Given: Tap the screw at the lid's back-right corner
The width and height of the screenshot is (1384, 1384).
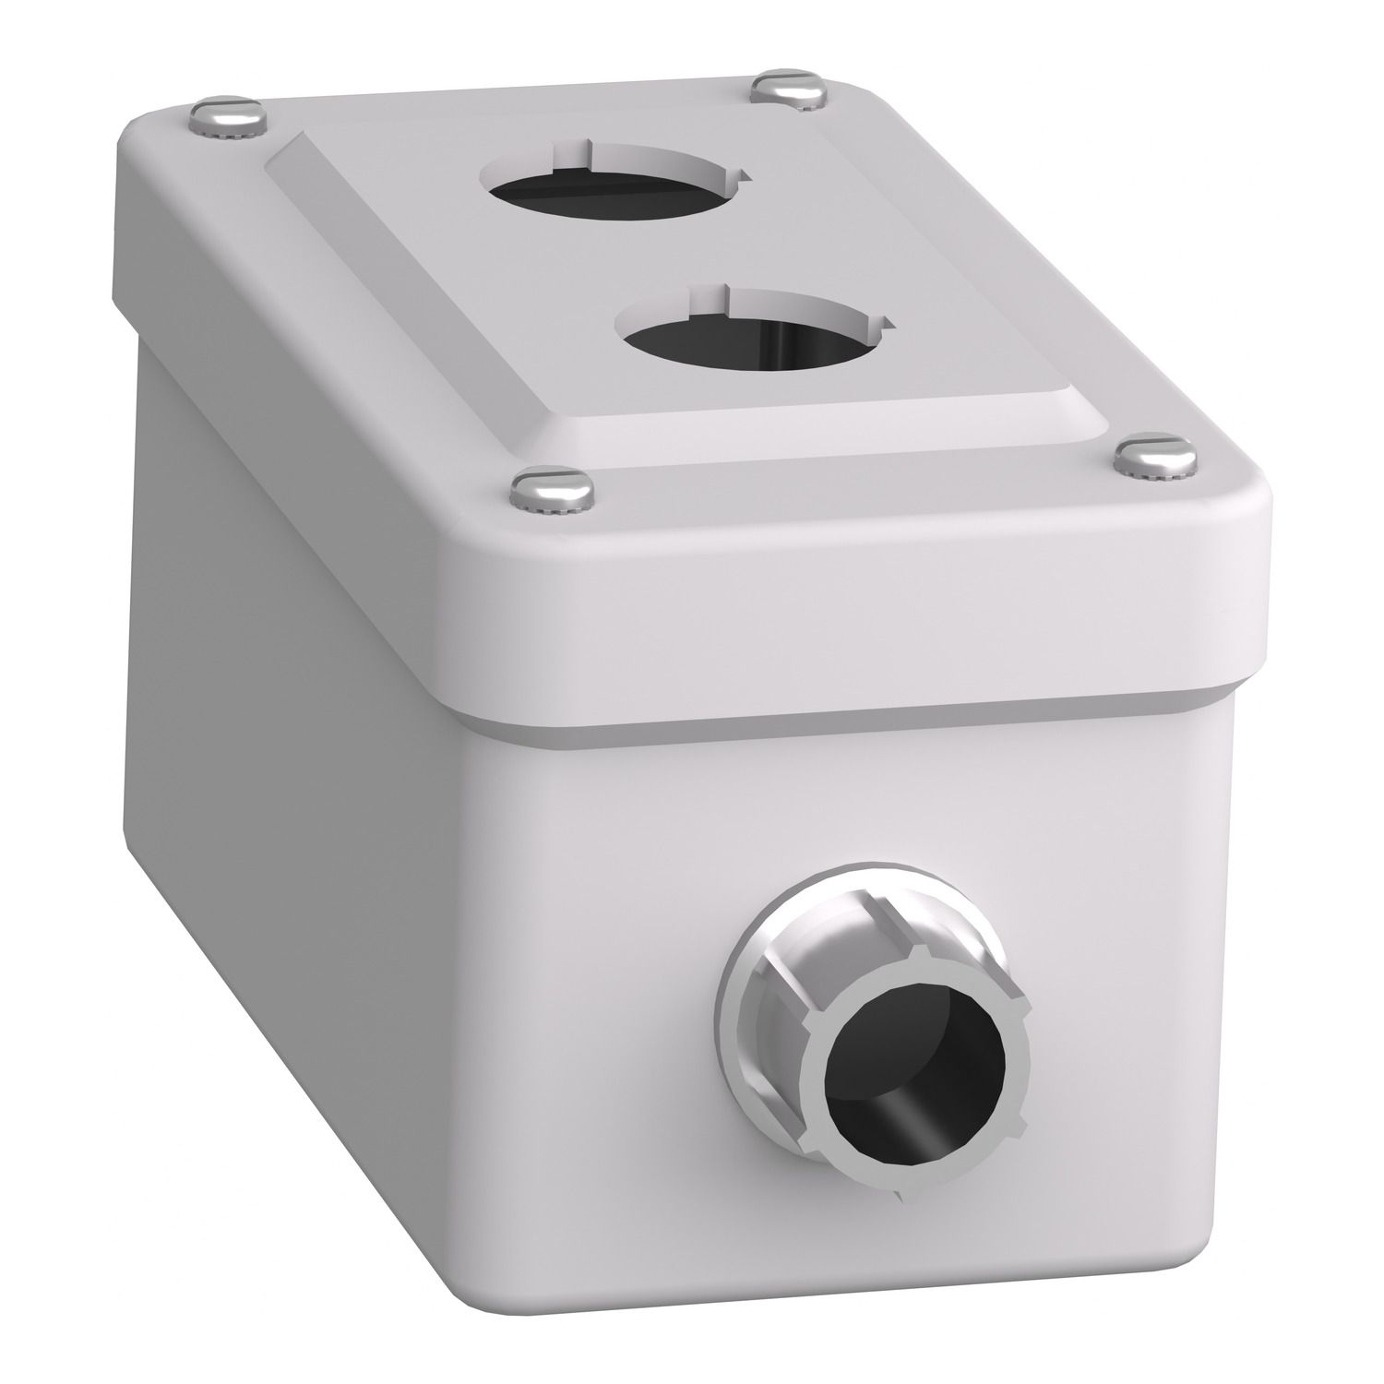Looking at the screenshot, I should pos(787,92).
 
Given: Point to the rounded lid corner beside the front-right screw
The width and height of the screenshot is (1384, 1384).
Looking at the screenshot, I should pos(1236,498).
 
